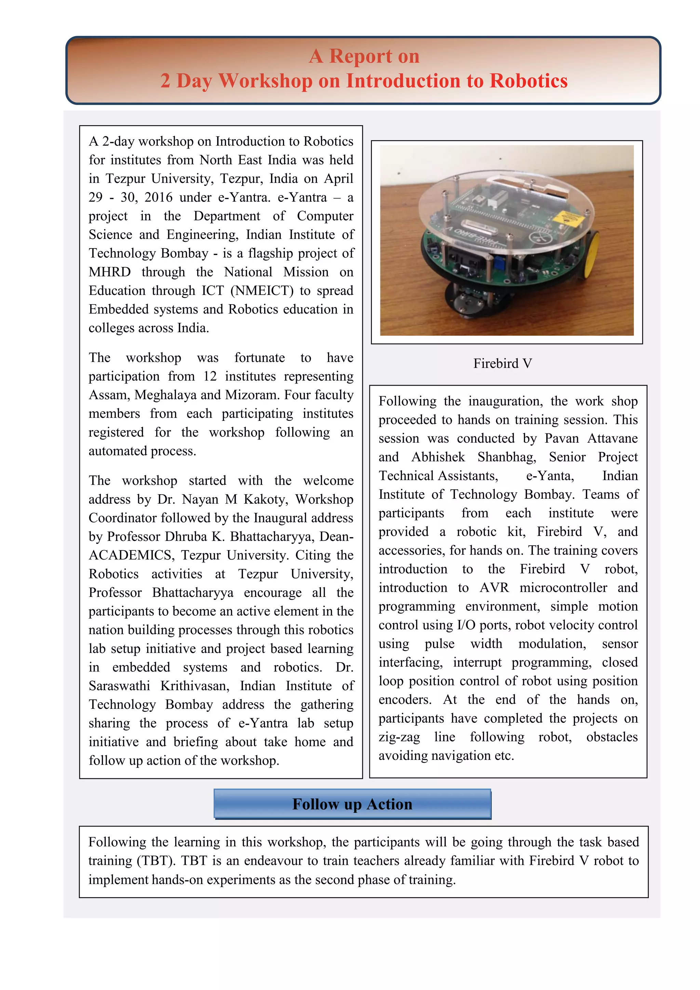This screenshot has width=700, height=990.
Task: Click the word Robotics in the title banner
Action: (x=528, y=81)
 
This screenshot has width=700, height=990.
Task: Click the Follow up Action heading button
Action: (x=352, y=804)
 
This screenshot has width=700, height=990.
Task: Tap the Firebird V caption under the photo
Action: (x=502, y=363)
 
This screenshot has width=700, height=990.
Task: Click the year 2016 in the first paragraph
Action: (x=158, y=198)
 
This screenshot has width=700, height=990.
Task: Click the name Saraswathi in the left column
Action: (x=119, y=686)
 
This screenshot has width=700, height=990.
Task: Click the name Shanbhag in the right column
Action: (x=507, y=457)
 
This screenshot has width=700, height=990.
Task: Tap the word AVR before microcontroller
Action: (x=494, y=588)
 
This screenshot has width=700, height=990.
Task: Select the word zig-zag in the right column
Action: (x=399, y=737)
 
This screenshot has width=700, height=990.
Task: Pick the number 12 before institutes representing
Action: (x=210, y=376)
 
